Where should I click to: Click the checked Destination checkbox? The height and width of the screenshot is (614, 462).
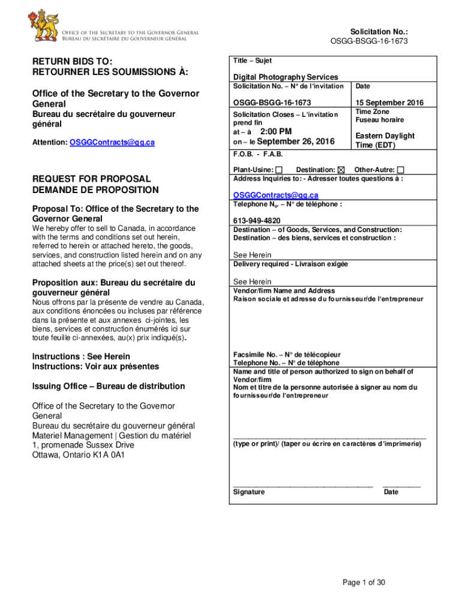342,170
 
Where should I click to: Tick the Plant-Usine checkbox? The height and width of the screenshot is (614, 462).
280,170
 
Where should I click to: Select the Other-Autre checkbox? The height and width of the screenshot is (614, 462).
401,170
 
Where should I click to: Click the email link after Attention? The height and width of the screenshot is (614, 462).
112,143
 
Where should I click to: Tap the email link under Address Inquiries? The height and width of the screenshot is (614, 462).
276,195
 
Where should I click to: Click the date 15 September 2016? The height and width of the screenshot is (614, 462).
389,103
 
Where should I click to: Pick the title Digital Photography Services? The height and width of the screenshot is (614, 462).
286,77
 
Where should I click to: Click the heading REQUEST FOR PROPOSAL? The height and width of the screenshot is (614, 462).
91,179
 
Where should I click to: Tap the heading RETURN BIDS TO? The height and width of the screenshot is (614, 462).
73,61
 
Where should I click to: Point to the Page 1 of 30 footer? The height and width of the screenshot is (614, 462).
364,582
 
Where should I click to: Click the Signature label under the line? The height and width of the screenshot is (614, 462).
249,492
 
